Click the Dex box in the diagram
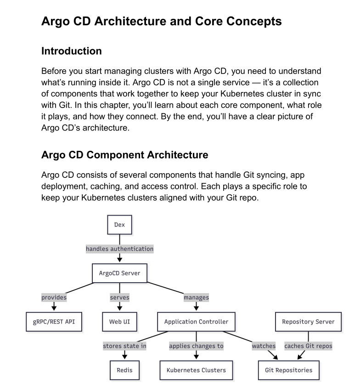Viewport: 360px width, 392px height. (x=119, y=225)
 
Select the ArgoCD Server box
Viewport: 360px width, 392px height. (x=119, y=273)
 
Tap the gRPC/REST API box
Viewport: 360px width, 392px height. (x=54, y=322)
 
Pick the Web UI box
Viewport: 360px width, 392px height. (x=119, y=322)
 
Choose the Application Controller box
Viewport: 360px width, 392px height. (x=196, y=322)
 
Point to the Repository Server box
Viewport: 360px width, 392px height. (x=308, y=322)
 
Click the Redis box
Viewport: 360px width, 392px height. (x=124, y=370)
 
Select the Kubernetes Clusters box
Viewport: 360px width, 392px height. (x=196, y=370)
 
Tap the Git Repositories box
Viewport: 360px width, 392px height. (x=288, y=370)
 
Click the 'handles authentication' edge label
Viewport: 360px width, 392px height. (x=119, y=249)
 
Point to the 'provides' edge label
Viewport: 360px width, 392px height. (x=54, y=297)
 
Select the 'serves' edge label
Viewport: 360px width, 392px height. (x=119, y=297)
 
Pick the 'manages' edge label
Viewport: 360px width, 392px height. (x=196, y=297)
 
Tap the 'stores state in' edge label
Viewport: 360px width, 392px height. (x=124, y=346)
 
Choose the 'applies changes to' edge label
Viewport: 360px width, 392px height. (x=196, y=346)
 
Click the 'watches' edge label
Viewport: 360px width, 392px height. (x=264, y=346)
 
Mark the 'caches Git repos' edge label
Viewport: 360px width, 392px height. (x=308, y=346)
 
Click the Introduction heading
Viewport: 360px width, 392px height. (x=72, y=51)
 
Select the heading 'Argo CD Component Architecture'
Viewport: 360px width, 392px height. (x=124, y=155)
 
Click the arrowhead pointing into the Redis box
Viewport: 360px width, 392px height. (x=124, y=357)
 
